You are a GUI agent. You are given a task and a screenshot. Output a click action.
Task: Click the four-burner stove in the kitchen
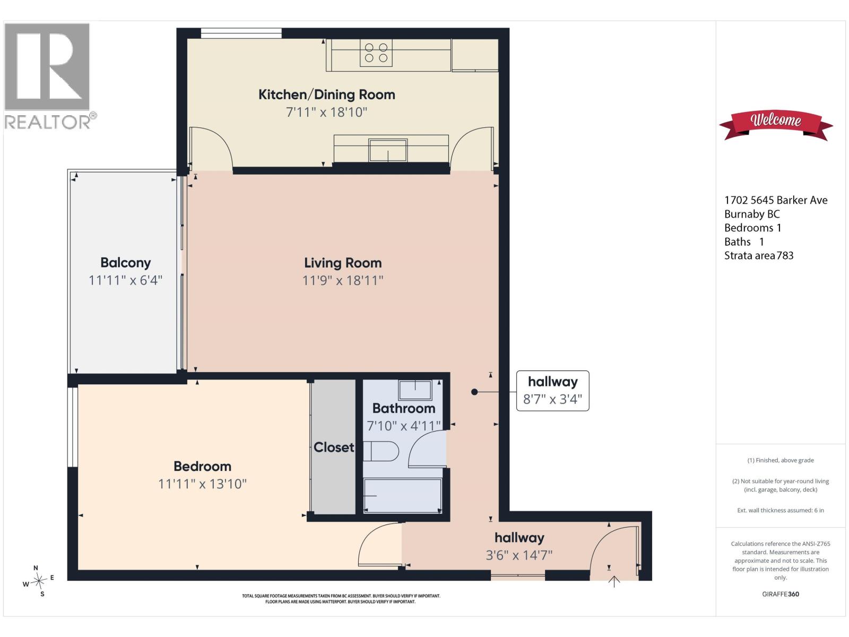[376, 53]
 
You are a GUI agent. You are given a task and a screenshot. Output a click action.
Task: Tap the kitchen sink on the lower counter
[388, 150]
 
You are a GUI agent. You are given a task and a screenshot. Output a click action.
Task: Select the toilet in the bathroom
[380, 451]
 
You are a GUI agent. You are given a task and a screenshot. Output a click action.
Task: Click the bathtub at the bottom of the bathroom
[403, 496]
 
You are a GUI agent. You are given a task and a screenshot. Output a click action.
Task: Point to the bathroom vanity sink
[415, 390]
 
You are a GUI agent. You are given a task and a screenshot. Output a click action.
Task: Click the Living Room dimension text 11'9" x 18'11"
[343, 280]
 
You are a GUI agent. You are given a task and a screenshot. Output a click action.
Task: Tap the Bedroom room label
[202, 466]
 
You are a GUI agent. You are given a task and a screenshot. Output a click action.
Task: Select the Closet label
[334, 447]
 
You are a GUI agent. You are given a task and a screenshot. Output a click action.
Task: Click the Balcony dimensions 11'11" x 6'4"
[125, 280]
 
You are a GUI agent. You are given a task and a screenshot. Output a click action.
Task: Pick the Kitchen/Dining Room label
[327, 94]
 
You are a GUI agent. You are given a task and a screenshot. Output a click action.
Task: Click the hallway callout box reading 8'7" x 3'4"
[553, 391]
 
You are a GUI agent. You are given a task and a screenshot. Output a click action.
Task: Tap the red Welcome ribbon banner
[776, 125]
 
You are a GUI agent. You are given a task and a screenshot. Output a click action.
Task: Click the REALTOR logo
[49, 76]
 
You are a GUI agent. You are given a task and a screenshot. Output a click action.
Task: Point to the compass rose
[39, 581]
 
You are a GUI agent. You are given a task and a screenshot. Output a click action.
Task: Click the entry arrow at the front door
[614, 581]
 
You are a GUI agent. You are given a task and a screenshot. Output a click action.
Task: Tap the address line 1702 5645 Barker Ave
[776, 200]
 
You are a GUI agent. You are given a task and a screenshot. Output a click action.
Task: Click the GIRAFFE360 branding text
[780, 594]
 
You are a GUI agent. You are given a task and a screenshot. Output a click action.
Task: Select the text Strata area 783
[758, 255]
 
